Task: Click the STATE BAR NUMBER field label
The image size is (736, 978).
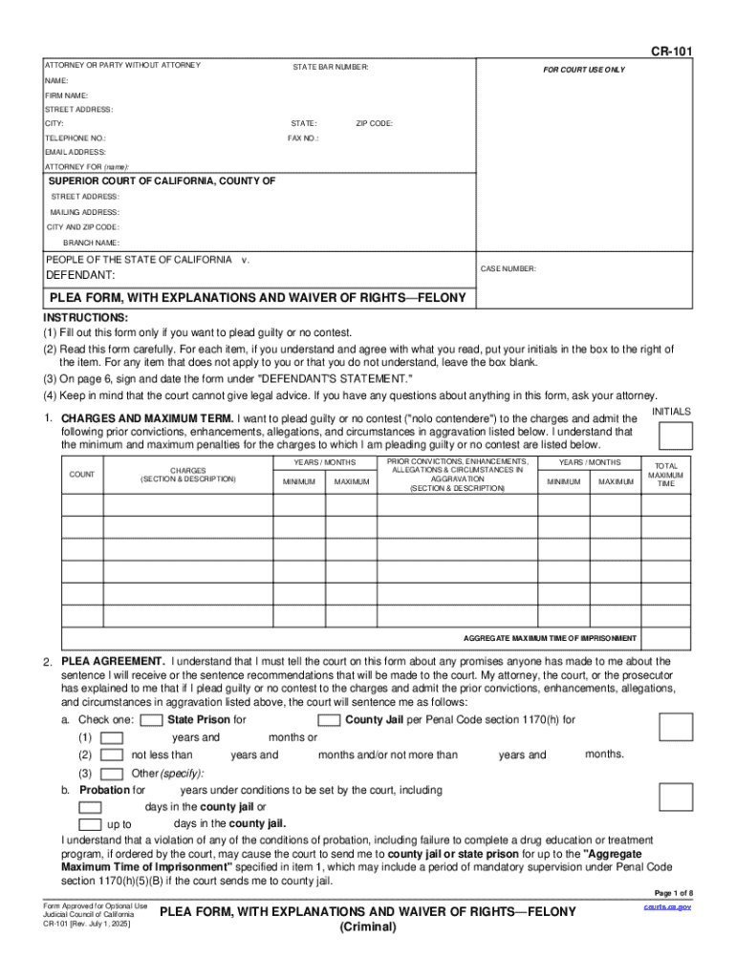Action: (331, 67)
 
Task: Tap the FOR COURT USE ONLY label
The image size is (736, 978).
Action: (584, 70)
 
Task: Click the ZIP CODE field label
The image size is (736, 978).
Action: (374, 124)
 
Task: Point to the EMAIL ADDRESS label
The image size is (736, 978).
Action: (76, 153)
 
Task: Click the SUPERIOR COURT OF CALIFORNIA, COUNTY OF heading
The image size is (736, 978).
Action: (162, 181)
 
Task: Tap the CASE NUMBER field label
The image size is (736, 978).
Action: (508, 269)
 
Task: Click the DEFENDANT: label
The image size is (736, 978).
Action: (80, 275)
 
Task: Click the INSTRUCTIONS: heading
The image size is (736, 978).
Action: (86, 317)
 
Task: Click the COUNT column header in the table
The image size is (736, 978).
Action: (81, 475)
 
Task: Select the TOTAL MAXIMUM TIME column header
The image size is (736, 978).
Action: (665, 475)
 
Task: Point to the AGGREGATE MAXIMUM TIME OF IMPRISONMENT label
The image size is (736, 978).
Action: (550, 638)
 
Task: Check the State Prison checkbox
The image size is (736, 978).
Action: (151, 720)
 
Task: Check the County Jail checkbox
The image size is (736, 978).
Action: (329, 720)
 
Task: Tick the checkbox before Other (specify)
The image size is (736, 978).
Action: (112, 773)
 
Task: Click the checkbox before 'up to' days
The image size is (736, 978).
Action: (90, 824)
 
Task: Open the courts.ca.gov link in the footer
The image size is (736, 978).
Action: (668, 906)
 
